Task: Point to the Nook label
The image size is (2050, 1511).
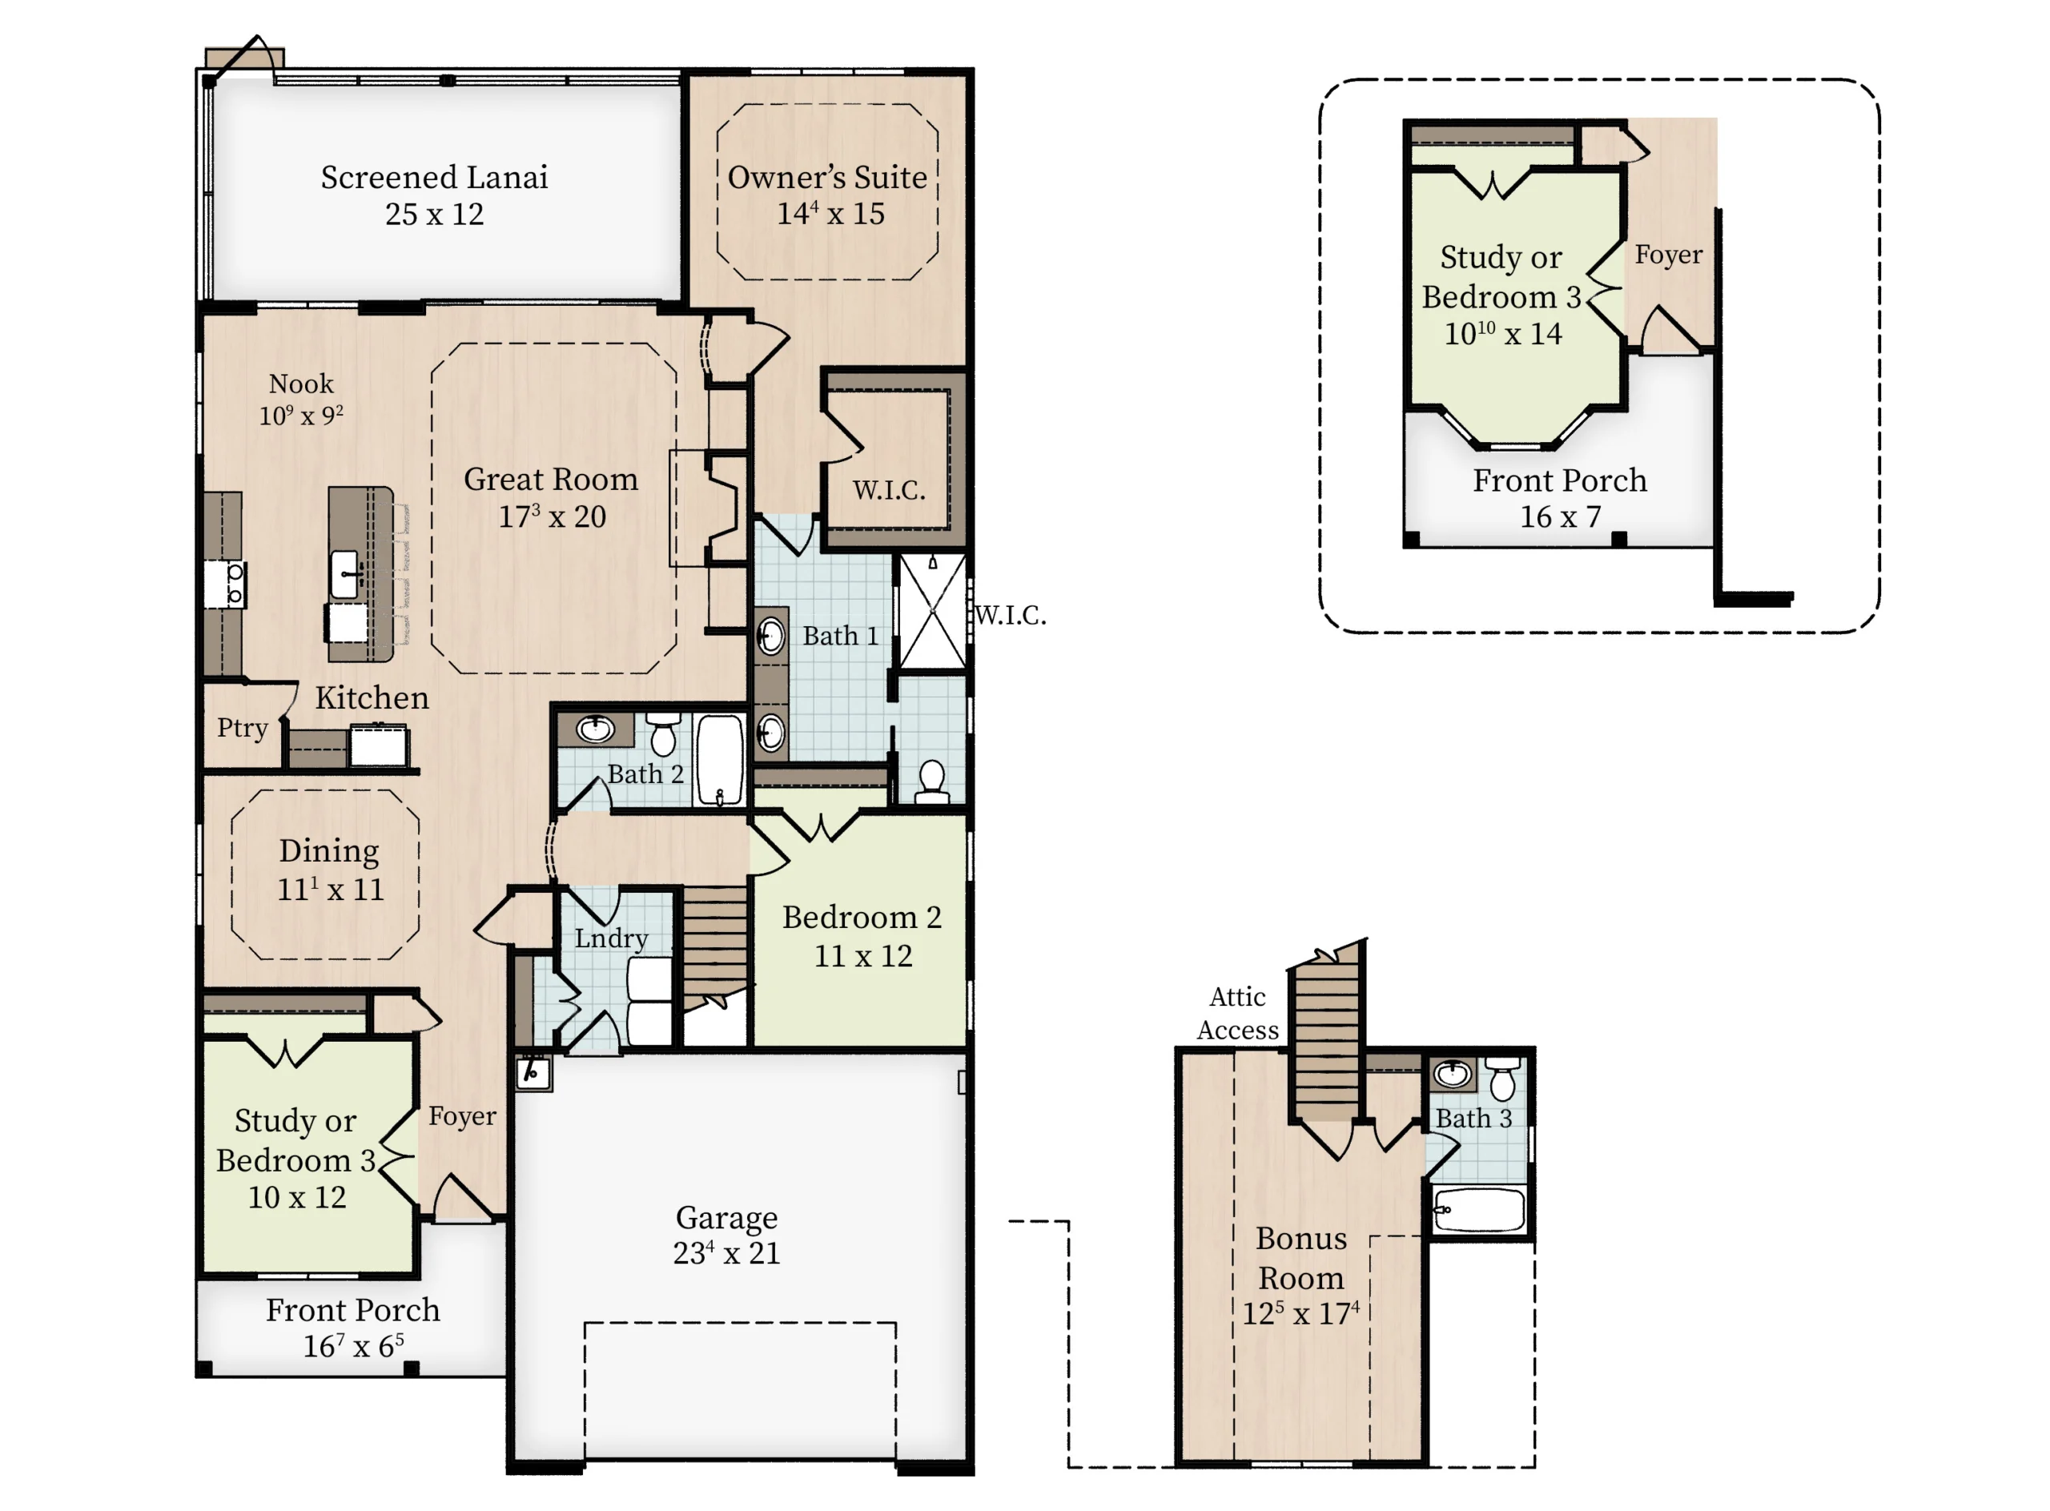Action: pyautogui.click(x=301, y=384)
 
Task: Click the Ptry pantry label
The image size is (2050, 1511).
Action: pyautogui.click(x=243, y=728)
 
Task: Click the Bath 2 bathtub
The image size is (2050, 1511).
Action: pyautogui.click(x=719, y=759)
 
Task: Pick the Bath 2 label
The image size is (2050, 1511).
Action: pyautogui.click(x=645, y=774)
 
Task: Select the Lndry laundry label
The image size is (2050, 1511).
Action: pyautogui.click(x=611, y=938)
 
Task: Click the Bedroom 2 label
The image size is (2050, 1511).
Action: pyautogui.click(x=861, y=918)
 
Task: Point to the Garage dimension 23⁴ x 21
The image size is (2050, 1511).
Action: pyautogui.click(x=726, y=1252)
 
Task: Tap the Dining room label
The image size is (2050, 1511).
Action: pyautogui.click(x=328, y=851)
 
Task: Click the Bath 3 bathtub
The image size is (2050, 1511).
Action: pyautogui.click(x=1479, y=1209)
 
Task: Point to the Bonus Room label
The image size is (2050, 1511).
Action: pyautogui.click(x=1300, y=1258)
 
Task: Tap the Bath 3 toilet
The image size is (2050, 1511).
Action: pyautogui.click(x=1502, y=1079)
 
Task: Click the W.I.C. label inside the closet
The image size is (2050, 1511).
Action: pyautogui.click(x=888, y=490)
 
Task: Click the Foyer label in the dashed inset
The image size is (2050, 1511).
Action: pyautogui.click(x=1669, y=255)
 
